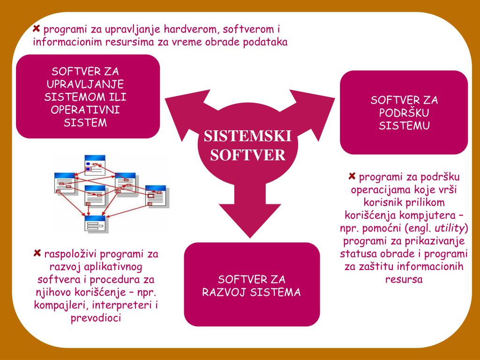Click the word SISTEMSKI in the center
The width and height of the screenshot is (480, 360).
(247, 136)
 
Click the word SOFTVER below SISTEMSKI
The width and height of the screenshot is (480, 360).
(247, 155)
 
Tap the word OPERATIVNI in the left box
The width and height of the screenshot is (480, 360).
(85, 110)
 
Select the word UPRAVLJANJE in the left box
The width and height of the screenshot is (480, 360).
(85, 84)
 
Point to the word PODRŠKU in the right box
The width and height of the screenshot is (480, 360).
(404, 112)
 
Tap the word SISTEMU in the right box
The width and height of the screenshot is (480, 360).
(404, 126)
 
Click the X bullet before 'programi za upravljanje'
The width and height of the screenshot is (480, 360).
(37, 29)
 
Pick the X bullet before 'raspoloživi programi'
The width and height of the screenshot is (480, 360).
(37, 253)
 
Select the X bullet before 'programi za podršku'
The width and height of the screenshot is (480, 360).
(352, 176)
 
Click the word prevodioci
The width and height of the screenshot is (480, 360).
(96, 318)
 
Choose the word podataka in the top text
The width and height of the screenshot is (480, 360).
(265, 42)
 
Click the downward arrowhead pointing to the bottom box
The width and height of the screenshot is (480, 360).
(250, 220)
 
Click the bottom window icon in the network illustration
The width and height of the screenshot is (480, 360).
(96, 224)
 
